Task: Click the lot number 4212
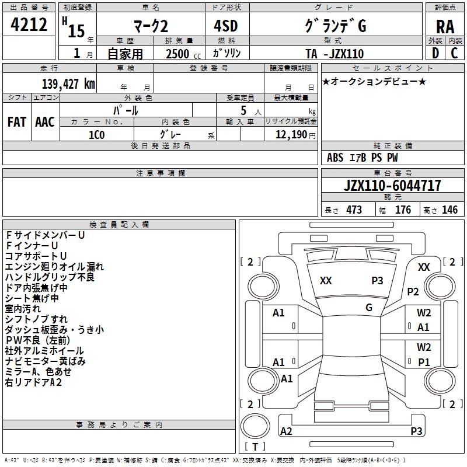(x=29, y=25)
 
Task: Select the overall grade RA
(x=445, y=27)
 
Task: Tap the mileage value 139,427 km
(x=68, y=84)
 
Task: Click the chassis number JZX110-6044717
(x=392, y=186)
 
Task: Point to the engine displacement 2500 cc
(x=183, y=54)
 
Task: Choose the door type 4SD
(x=226, y=26)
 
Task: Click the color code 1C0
(x=96, y=135)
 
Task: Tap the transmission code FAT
(x=17, y=122)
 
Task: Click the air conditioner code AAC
(x=45, y=122)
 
